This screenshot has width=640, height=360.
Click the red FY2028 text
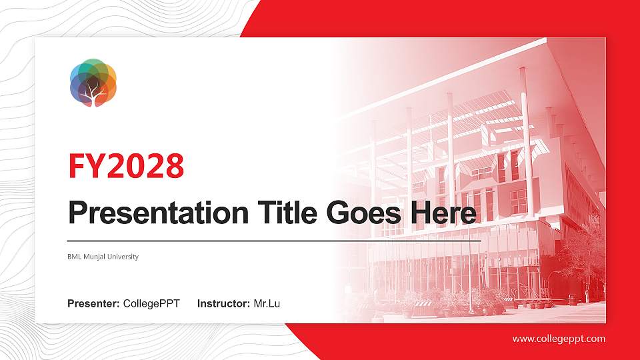pos(126,167)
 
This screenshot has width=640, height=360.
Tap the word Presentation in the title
pos(156,213)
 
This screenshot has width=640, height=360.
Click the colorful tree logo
pos(93,83)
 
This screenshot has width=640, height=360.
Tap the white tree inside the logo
pos(93,93)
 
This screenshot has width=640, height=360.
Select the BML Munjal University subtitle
pos(103,257)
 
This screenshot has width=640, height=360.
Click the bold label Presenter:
pos(93,304)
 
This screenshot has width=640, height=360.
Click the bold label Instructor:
pos(224,304)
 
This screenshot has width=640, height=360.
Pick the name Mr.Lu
pos(267,304)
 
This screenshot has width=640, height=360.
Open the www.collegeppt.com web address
pos(559,339)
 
